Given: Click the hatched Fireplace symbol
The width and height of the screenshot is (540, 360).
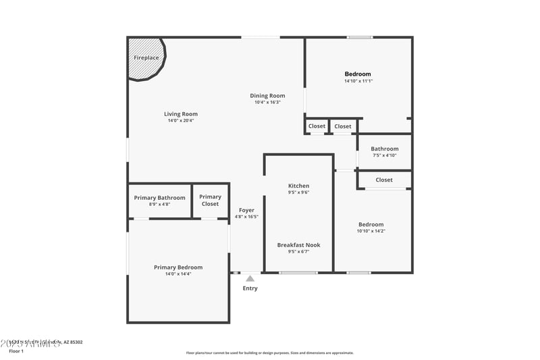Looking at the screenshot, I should point(146,58).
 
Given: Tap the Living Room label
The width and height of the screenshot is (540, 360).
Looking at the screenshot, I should point(181,114).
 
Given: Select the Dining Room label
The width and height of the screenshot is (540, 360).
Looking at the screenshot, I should point(268,96).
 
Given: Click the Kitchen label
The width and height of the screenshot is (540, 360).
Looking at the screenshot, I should point(299,186).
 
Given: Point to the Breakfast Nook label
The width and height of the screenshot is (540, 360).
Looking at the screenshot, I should point(299,245).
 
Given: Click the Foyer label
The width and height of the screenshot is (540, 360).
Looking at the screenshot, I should point(246,210).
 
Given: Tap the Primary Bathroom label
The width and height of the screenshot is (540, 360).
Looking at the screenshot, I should point(159,198).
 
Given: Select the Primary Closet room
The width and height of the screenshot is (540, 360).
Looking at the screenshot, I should point(210,200).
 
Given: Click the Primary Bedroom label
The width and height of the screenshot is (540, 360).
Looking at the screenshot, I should point(178,267).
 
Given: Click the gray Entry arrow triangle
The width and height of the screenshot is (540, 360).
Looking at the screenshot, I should point(250,278).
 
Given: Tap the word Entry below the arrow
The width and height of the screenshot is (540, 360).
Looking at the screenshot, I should point(250,288).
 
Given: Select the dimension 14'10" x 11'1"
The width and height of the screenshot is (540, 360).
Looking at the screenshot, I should point(358,81).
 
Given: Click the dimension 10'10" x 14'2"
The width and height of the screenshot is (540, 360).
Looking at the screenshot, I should point(371,231).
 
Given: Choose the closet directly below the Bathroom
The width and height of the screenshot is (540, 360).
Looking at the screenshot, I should point(384,180).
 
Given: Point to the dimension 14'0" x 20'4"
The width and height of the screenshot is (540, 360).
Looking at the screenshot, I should point(181,121).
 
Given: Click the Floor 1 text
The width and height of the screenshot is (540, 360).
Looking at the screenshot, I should point(16,351).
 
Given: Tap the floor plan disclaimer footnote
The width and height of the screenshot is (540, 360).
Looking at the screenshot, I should point(270,353).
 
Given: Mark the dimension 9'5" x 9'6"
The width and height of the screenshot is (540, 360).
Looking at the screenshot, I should point(299,192).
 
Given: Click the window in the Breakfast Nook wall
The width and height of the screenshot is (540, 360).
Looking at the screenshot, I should point(298,273).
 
